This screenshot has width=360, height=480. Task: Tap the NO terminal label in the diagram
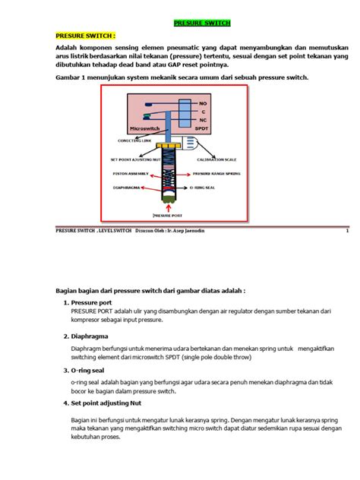point(203,103)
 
